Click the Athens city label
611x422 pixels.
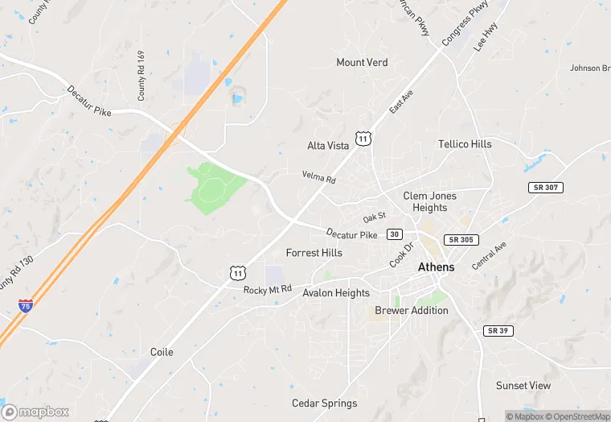click(x=436, y=267)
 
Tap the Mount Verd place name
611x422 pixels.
click(x=362, y=63)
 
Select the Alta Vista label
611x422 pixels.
click(x=328, y=146)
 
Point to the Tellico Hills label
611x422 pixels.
click(x=465, y=144)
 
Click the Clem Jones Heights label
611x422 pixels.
click(x=429, y=201)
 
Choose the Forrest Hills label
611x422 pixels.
click(x=314, y=253)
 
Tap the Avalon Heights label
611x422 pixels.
click(x=336, y=293)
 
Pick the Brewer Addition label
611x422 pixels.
click(x=412, y=311)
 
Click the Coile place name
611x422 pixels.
click(x=162, y=353)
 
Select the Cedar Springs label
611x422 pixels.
click(x=324, y=403)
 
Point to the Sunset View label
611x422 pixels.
click(x=523, y=386)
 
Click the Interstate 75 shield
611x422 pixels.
click(x=26, y=307)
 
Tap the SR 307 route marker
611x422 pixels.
click(x=546, y=188)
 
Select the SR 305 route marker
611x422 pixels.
click(x=462, y=240)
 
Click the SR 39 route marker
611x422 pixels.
click(x=498, y=331)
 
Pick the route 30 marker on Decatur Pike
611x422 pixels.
click(x=394, y=234)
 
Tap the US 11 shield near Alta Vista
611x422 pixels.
click(x=363, y=139)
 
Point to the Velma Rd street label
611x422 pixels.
click(x=318, y=176)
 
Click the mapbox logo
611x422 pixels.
click(x=36, y=411)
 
